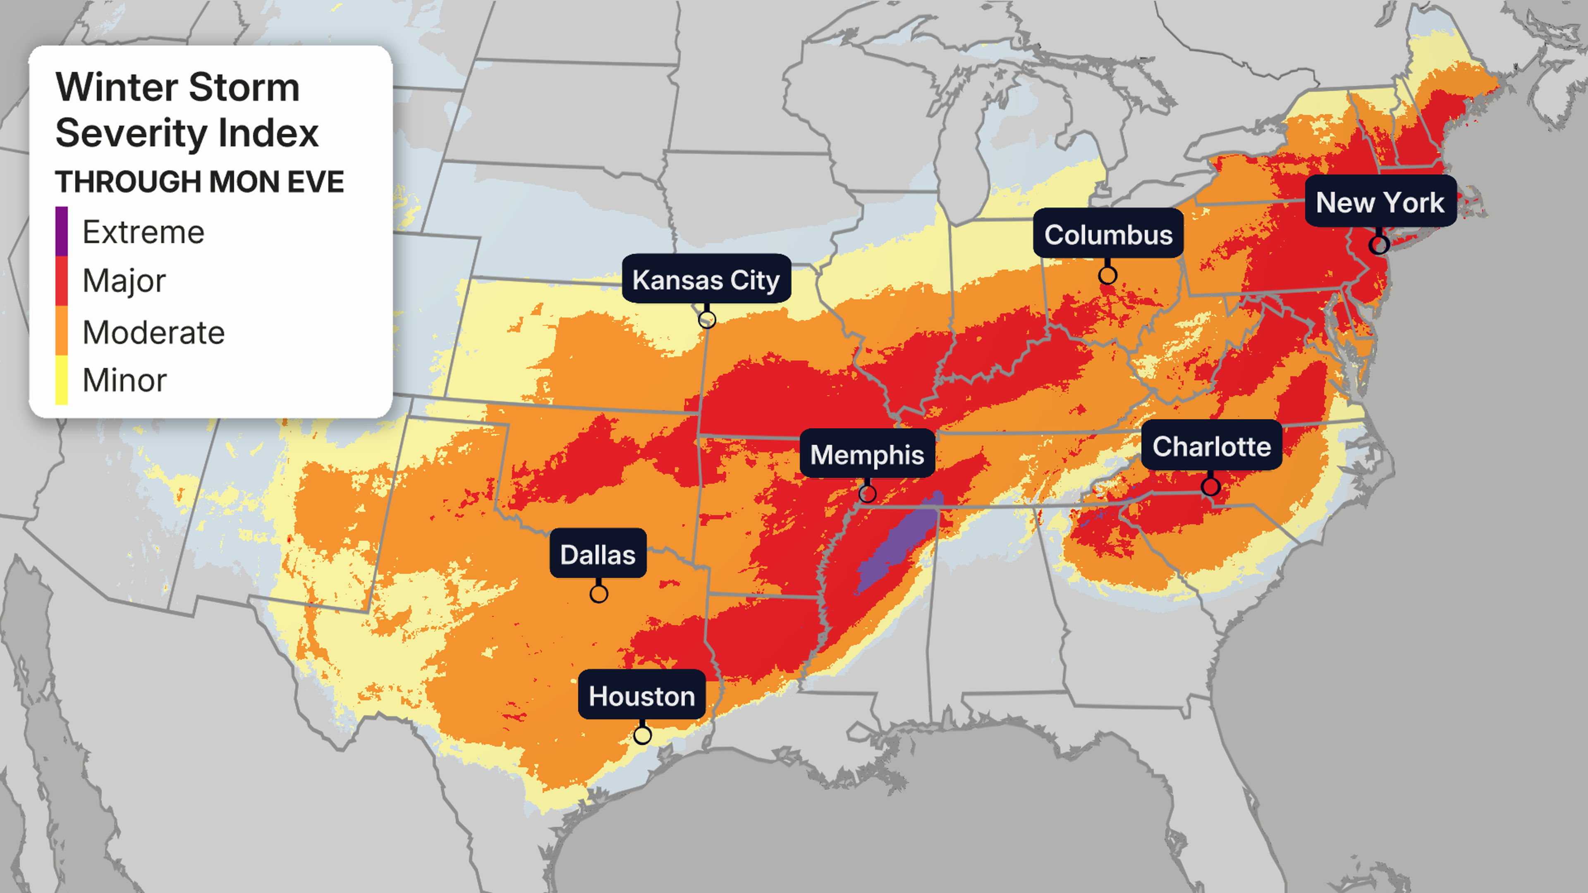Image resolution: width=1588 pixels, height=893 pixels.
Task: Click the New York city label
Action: coord(1380,202)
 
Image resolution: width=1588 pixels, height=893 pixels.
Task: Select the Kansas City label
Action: coord(706,280)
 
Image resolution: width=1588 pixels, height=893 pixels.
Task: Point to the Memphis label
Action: coord(867,455)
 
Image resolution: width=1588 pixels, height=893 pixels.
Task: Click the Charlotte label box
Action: coord(1211,446)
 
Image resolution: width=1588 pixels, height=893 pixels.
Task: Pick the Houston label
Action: coord(641,696)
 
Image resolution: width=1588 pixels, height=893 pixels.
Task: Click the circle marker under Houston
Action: coord(642,735)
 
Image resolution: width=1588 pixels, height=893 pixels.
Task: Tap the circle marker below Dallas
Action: coord(598,594)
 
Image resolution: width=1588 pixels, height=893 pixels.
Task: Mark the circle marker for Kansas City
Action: coord(707,319)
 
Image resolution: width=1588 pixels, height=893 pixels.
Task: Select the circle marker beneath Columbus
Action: coord(1108,275)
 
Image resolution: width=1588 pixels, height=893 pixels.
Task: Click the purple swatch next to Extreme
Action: coord(62,231)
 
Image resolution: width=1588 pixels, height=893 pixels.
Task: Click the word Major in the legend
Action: coord(124,281)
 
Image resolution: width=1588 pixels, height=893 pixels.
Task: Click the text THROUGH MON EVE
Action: coord(199,182)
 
